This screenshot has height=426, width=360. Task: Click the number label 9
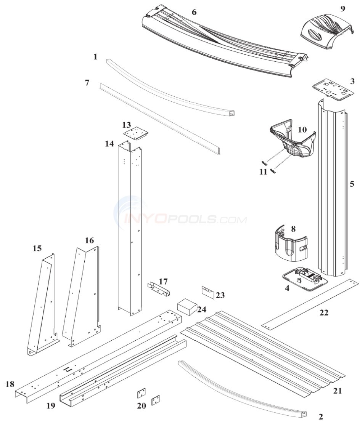point(343,8)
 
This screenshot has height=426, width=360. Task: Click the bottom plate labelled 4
point(305,277)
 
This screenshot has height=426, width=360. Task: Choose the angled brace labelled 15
point(43,305)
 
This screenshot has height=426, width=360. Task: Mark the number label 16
point(89,240)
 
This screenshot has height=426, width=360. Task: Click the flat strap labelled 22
point(311,303)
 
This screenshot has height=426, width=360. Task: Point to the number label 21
point(337,391)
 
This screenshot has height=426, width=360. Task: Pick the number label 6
point(194,12)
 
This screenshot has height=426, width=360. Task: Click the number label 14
point(110,144)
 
